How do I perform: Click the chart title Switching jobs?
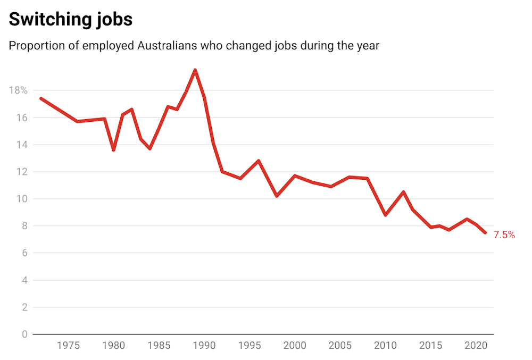[70, 20]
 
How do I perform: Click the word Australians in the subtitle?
[167, 46]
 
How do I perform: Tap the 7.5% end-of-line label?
[504, 235]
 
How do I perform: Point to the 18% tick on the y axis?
[18, 90]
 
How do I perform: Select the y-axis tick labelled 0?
[24, 334]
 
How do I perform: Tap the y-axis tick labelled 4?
[24, 280]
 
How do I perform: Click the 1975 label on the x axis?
[68, 346]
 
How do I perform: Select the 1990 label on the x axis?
[204, 346]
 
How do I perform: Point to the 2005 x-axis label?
[340, 346]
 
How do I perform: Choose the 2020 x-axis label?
[476, 346]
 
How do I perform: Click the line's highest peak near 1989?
[195, 70]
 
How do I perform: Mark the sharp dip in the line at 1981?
[113, 150]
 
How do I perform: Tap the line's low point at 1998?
[277, 196]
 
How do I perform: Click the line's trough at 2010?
[385, 215]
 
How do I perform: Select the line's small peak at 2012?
[403, 192]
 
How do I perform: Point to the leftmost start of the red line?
[41, 98]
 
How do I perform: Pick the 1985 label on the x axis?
[159, 346]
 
